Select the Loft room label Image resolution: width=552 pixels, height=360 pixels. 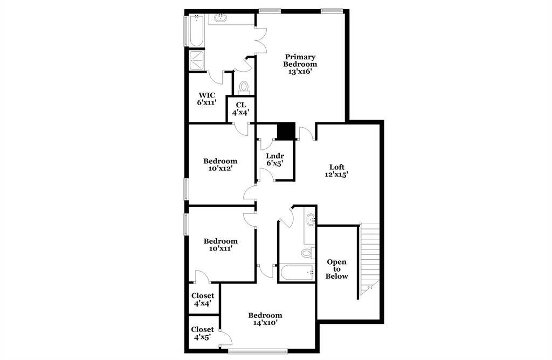(x=336, y=167)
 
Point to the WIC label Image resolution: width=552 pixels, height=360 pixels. (x=206, y=95)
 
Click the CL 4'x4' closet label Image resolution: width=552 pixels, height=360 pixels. (x=240, y=109)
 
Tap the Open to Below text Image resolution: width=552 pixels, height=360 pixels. (x=336, y=269)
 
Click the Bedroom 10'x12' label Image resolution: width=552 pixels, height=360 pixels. (x=220, y=165)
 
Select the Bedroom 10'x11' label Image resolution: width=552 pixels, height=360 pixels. (x=220, y=245)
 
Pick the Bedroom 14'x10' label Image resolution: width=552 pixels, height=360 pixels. (x=265, y=319)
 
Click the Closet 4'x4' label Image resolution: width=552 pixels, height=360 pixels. (x=203, y=300)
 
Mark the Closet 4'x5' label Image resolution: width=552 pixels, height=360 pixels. (x=203, y=333)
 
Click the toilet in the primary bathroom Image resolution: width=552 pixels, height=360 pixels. (x=244, y=88)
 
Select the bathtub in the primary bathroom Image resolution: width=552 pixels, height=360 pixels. (x=196, y=30)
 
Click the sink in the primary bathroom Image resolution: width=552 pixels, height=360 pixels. (x=221, y=18)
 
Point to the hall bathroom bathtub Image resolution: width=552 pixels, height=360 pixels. (x=296, y=273)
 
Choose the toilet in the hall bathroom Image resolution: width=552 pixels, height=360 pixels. (x=308, y=252)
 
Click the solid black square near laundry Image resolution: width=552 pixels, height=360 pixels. (x=286, y=131)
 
